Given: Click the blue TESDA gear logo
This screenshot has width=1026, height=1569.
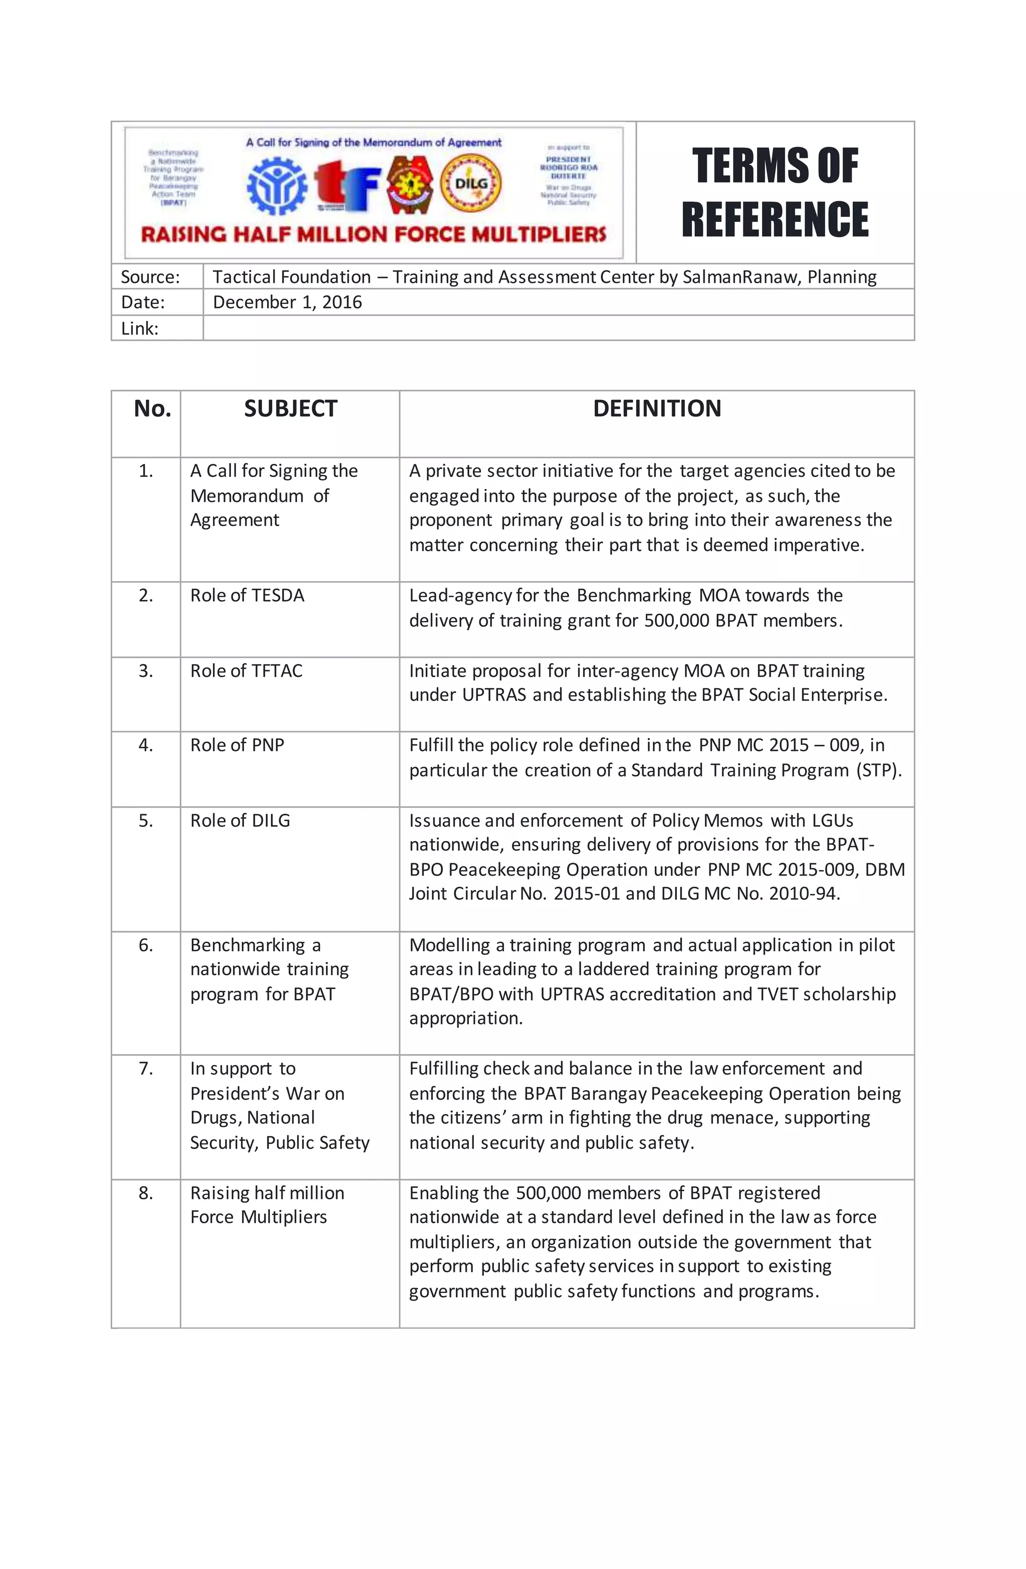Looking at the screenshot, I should point(277,186).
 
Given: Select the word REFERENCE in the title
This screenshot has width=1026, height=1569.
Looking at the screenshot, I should point(775,219).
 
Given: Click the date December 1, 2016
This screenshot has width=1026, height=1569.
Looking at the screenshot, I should point(288,303).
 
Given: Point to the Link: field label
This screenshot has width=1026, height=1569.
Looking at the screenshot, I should point(140,328).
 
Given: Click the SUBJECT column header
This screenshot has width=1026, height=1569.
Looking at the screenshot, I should point(290,409).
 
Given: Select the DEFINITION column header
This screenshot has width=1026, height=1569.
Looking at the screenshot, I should point(657,409).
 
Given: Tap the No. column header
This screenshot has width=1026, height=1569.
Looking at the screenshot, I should point(152,409).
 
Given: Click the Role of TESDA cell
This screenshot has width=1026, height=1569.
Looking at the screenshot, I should point(247,595).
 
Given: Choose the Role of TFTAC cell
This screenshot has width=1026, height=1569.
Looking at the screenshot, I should point(246,670).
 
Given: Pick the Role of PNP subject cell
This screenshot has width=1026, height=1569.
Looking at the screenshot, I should point(237,745).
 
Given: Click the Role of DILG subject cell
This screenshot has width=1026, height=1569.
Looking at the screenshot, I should point(240,820).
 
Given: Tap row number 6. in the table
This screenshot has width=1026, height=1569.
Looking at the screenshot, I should point(146,945).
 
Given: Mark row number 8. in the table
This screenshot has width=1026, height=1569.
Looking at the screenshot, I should point(146,1193).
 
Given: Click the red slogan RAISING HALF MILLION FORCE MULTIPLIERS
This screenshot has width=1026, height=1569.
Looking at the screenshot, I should point(373,234).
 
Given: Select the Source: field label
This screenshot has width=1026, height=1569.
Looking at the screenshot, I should point(150,277).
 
